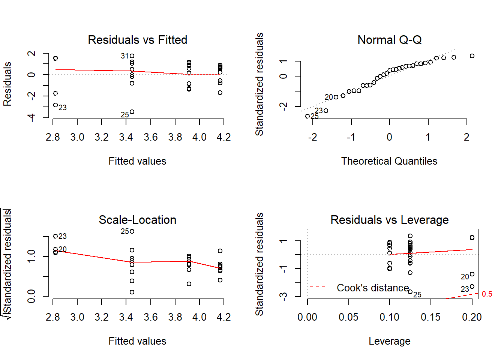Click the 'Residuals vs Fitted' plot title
point(137,40)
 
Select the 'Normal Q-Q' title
point(389,40)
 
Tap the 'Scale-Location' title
point(137,220)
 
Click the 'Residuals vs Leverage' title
point(389,220)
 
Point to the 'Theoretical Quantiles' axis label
point(389,161)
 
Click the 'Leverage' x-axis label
point(389,341)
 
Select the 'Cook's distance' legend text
point(373,288)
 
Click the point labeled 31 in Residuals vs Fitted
point(132,56)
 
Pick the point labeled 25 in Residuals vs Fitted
point(132,112)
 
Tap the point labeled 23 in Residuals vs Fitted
point(55,105)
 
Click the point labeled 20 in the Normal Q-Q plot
point(336,97)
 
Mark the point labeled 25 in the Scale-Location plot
point(132,231)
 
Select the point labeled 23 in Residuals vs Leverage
point(472,286)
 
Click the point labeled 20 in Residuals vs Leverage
point(472,274)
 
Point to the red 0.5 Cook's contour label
point(487,294)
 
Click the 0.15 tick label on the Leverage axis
point(430,317)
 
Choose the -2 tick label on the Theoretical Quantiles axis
point(312,137)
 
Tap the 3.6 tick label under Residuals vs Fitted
point(150,137)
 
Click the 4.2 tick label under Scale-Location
point(223,317)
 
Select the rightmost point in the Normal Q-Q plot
point(472,56)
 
